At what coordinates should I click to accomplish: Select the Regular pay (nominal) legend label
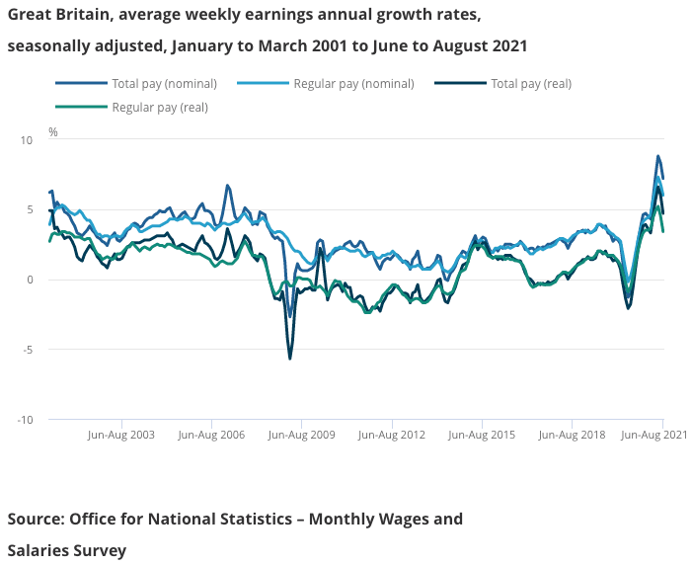tap(353, 83)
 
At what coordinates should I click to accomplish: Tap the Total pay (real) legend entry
tap(531, 83)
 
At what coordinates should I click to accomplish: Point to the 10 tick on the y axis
tap(27, 140)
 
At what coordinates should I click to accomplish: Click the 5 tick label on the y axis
tap(30, 209)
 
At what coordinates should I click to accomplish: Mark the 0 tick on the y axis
tap(30, 280)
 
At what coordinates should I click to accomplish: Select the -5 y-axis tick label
tap(27, 350)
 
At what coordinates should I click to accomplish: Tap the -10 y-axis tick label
tap(25, 420)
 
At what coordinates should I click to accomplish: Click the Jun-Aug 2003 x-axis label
tap(121, 434)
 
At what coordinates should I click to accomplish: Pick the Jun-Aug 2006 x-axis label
tap(211, 434)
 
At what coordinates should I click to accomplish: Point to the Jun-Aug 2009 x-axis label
tap(301, 434)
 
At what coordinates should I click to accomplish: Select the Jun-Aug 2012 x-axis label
tap(392, 434)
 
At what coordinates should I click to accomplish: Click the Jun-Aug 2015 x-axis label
tap(482, 434)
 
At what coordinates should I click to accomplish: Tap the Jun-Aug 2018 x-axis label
tap(573, 434)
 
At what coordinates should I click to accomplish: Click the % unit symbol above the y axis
tap(53, 131)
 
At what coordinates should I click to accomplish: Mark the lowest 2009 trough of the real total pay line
tap(289, 359)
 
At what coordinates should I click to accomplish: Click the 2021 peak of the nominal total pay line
tap(657, 156)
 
